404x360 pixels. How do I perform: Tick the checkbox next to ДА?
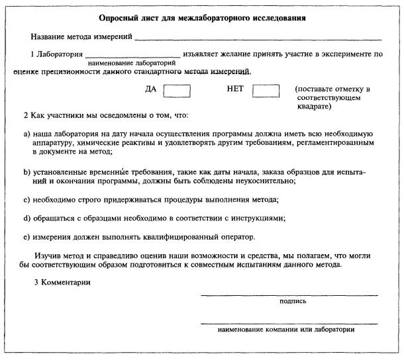177,89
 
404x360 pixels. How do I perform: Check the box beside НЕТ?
265,89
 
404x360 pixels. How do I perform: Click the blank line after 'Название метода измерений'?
258,40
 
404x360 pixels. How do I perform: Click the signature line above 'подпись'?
289,294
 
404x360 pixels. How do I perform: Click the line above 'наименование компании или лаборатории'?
289,323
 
